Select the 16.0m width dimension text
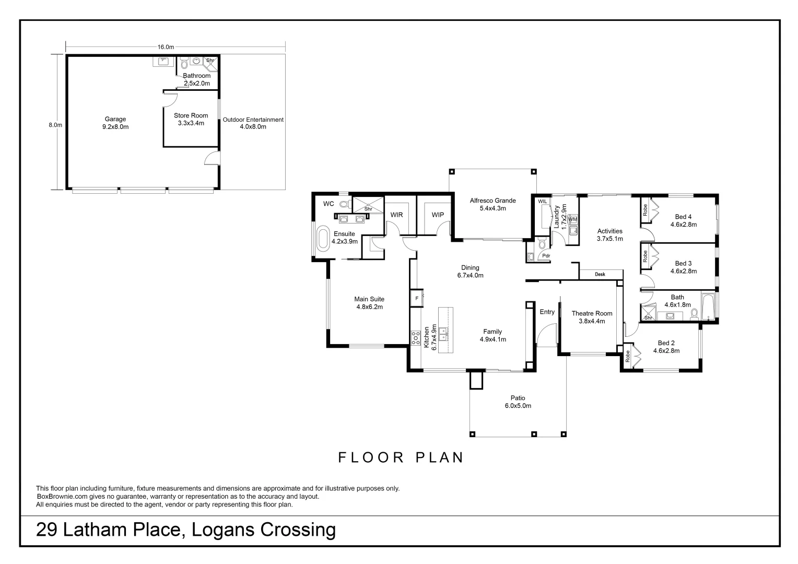click(166, 47)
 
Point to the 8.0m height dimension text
click(55, 125)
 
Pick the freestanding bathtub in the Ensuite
click(323, 238)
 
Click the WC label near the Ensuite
click(328, 204)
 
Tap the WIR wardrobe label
click(396, 215)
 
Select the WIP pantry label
click(438, 215)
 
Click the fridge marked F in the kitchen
click(417, 299)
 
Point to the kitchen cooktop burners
click(415, 338)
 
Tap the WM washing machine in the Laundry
click(572, 219)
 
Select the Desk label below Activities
click(600, 274)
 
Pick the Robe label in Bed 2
click(627, 356)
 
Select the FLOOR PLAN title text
click(401, 457)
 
